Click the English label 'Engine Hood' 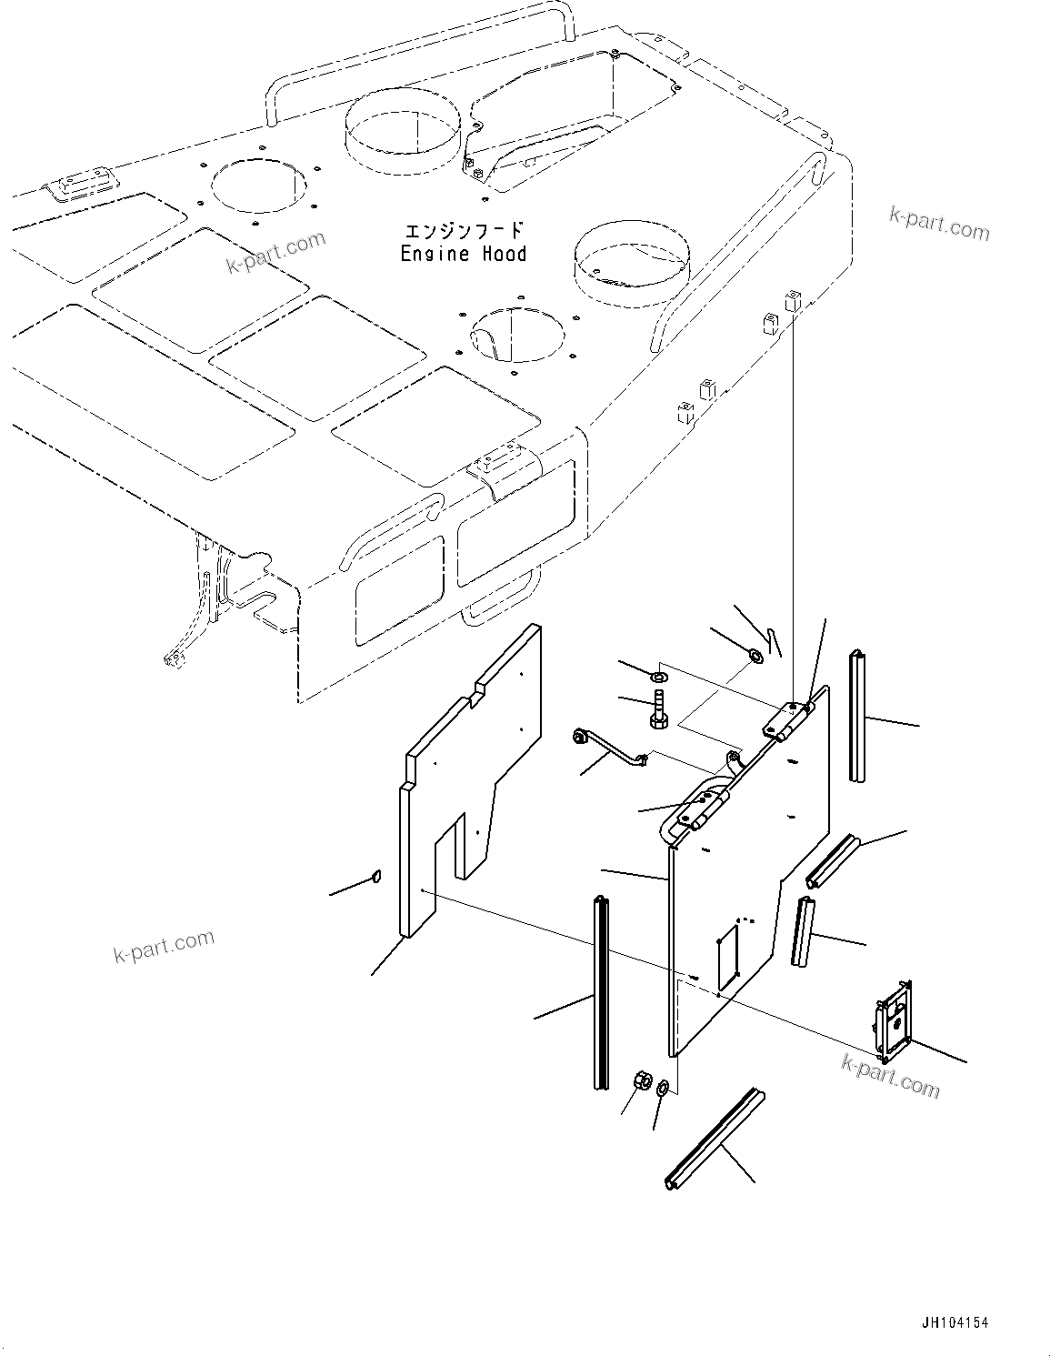pos(464,254)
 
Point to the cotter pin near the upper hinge pos(773,642)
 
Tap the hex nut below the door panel pos(640,1081)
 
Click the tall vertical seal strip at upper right pos(856,716)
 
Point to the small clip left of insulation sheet pos(375,877)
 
